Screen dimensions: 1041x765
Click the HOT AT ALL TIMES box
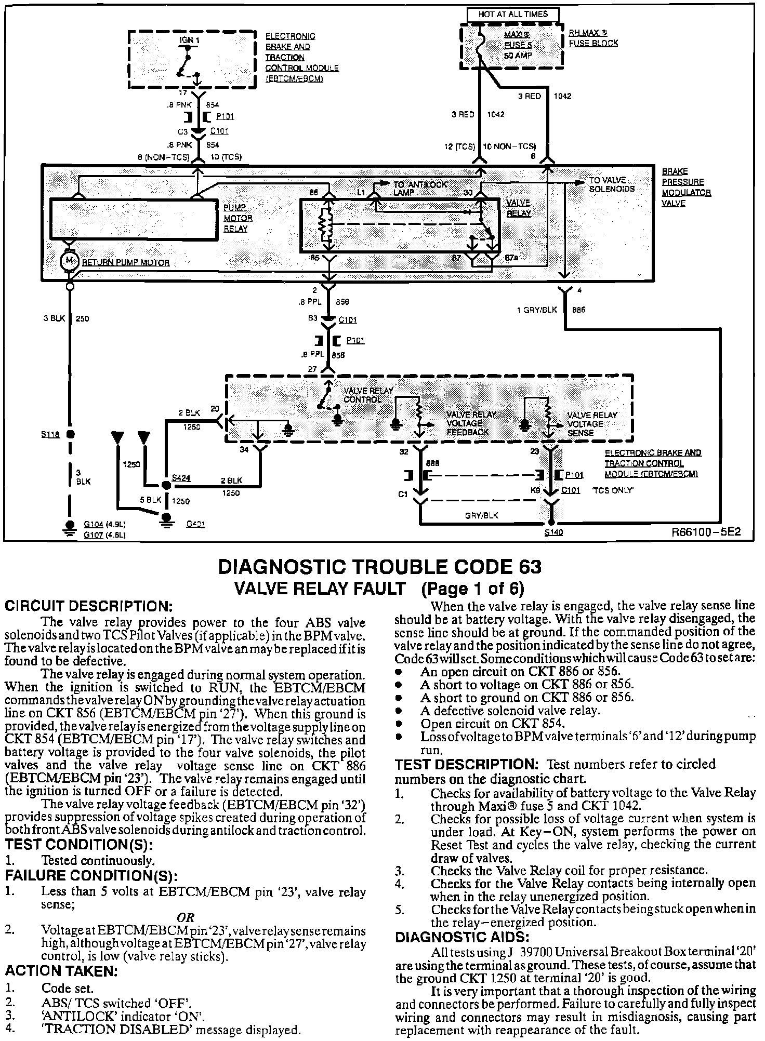(512, 15)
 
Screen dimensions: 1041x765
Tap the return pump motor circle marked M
(69, 260)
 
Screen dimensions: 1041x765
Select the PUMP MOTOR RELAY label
(238, 218)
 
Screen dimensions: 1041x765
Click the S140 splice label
(553, 532)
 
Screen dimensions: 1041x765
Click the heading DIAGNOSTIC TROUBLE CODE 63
(380, 566)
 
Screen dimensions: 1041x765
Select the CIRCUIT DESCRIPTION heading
(88, 606)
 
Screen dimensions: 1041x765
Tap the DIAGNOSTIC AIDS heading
(462, 937)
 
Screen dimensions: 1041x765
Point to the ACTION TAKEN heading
(62, 970)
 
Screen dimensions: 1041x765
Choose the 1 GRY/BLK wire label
(536, 310)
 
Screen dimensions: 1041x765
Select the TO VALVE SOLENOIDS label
(612, 184)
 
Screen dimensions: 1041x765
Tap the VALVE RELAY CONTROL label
(368, 395)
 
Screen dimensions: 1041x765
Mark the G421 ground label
(195, 524)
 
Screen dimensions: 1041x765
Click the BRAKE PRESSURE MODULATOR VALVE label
(686, 187)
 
